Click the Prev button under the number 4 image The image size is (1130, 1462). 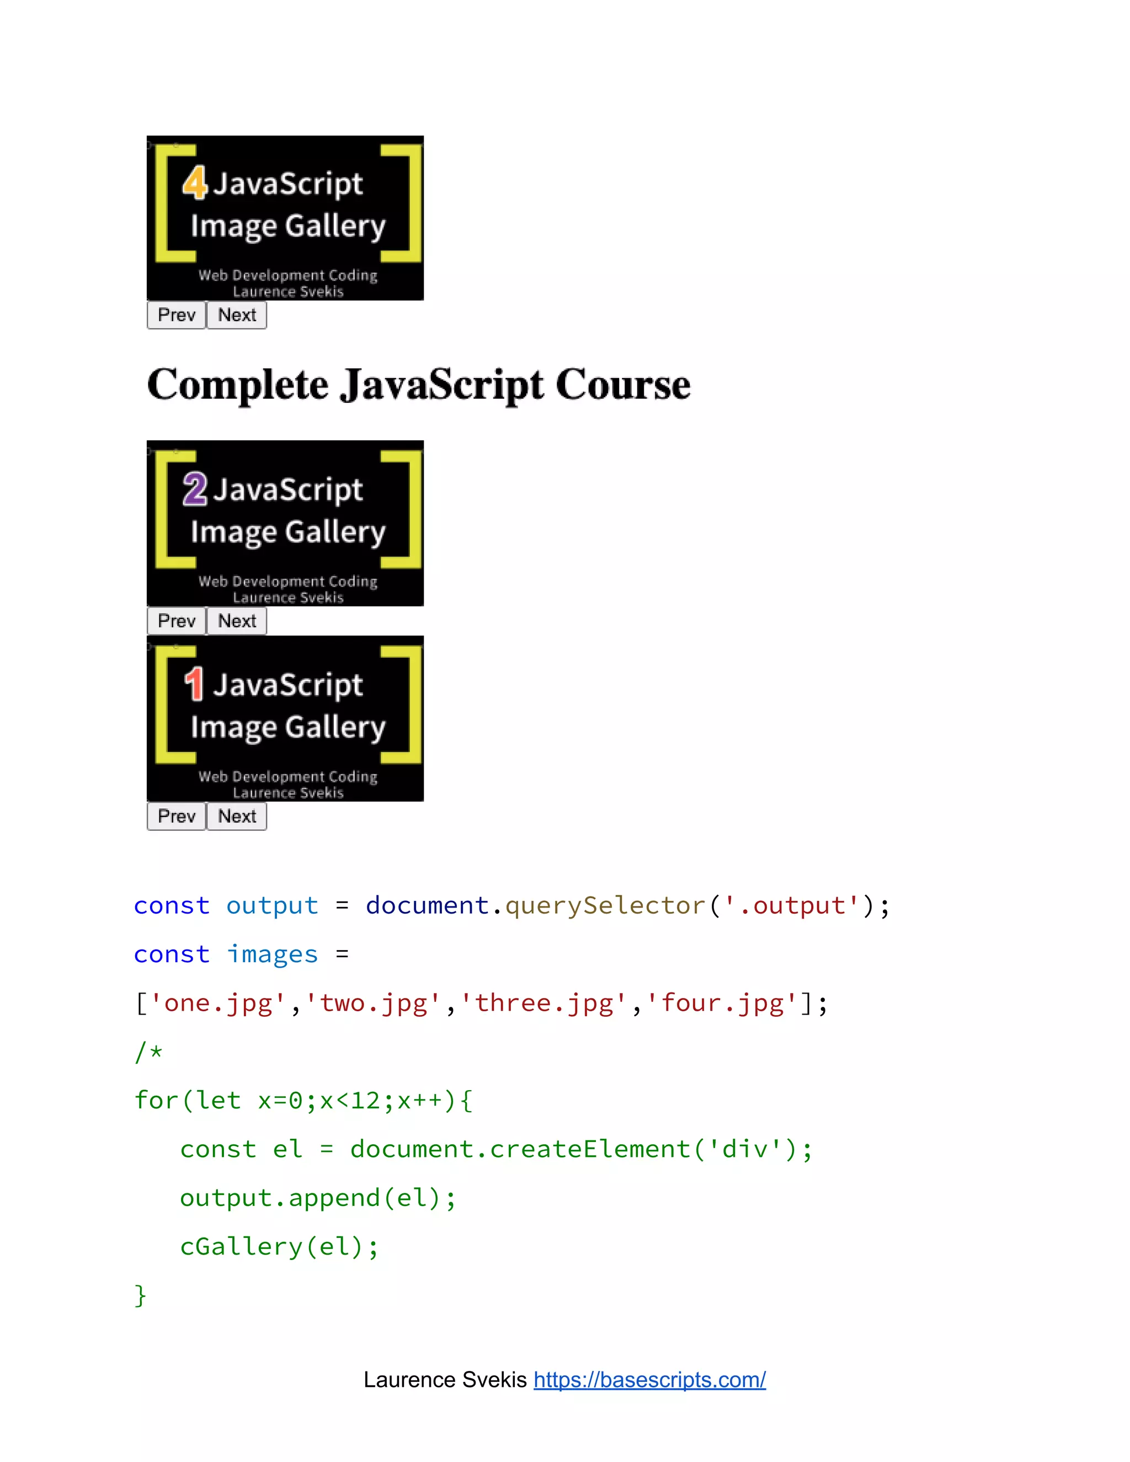[x=176, y=314]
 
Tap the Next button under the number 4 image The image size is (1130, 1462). [x=237, y=314]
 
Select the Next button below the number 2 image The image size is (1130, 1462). [x=237, y=621]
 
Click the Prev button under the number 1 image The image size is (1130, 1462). [x=176, y=816]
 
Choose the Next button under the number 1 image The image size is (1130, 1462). [x=237, y=816]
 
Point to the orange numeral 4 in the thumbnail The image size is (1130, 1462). [x=195, y=183]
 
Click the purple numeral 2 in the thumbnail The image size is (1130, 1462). [x=195, y=489]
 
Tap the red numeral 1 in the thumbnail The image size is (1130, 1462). [x=194, y=684]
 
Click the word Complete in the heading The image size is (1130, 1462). [x=238, y=385]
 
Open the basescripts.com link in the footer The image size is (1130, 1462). [x=649, y=1380]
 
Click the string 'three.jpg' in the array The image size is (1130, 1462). [x=543, y=1003]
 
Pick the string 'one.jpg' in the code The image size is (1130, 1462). [x=218, y=1003]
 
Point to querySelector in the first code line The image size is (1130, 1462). [x=605, y=906]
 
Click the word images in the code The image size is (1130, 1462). [x=272, y=954]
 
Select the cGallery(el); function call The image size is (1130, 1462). [x=279, y=1246]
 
